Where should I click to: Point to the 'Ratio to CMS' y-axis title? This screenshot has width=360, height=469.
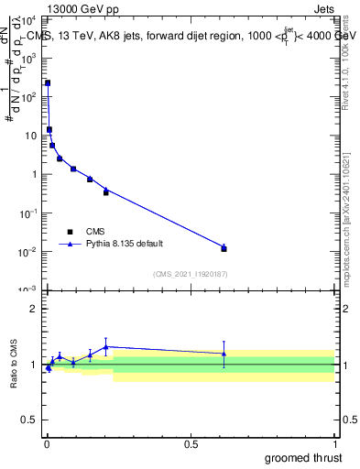coord(15,365)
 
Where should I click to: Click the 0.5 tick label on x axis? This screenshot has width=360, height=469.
coord(191,442)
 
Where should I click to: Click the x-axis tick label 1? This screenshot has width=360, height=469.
coord(334,442)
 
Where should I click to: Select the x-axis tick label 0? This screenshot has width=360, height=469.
coord(48,442)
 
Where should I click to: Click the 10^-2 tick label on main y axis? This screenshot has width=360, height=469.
coord(27,252)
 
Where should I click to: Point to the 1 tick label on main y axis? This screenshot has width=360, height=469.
coord(32,174)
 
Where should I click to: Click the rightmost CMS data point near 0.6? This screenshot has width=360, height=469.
coord(224,248)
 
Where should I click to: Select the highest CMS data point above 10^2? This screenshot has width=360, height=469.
coord(48,82)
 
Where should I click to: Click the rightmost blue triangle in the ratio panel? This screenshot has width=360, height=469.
coord(224,353)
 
